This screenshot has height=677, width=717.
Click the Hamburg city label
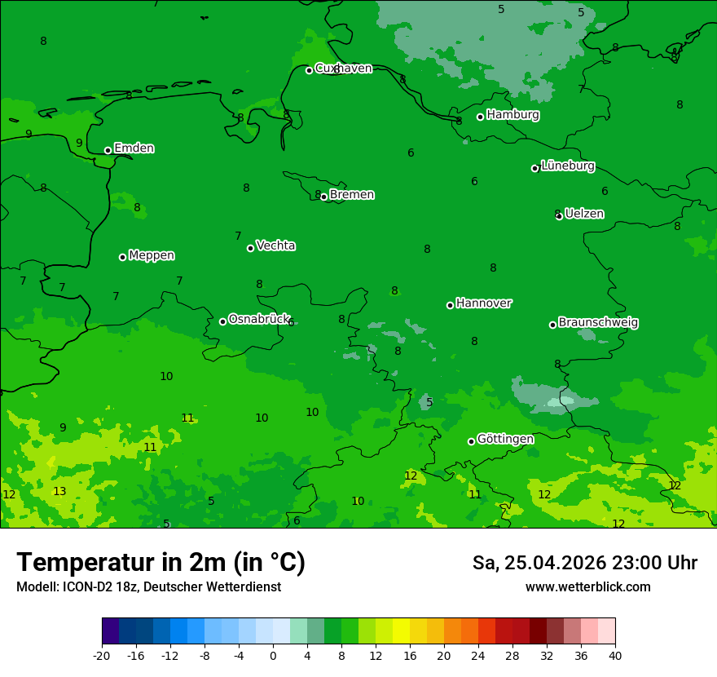[512, 115]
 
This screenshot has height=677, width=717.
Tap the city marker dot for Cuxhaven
[310, 70]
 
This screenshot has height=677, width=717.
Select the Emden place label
[134, 148]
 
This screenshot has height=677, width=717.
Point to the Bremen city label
[352, 195]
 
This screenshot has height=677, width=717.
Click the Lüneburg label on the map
[568, 166]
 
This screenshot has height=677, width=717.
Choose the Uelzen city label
[584, 214]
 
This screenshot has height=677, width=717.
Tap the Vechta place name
[275, 246]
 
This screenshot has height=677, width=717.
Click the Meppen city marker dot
[123, 257]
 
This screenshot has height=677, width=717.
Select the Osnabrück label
[259, 319]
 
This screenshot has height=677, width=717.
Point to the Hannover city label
[484, 303]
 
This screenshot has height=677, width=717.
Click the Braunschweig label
[598, 323]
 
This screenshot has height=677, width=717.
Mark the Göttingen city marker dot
[471, 441]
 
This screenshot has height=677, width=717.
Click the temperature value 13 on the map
[59, 491]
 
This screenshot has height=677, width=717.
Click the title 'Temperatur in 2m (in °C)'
[161, 563]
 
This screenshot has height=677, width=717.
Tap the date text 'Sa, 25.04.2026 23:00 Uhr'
[584, 563]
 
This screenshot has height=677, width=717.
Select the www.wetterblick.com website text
[587, 587]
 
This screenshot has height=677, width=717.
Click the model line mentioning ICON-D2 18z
[148, 587]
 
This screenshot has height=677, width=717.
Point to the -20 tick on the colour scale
[102, 655]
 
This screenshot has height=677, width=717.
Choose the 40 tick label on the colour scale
[615, 655]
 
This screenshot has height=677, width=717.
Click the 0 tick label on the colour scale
[273, 655]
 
